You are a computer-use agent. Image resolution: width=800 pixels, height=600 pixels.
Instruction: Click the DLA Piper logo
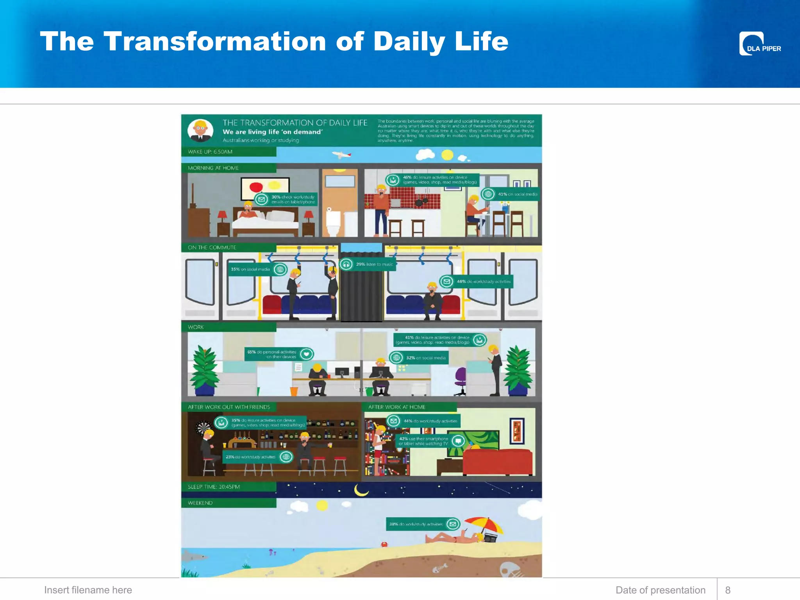pos(759,44)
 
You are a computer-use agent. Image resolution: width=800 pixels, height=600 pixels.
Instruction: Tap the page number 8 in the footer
pos(728,590)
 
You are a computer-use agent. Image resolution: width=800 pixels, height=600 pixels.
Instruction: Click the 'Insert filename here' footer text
pos(88,590)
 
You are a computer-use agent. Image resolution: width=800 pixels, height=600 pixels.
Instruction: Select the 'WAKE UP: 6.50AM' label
pos(210,152)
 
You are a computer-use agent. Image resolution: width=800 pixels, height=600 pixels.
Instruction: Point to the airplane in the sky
pos(341,155)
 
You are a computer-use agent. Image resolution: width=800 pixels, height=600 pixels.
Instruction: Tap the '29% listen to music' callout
pos(367,264)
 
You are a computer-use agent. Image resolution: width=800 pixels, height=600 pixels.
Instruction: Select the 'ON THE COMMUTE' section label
pos(212,248)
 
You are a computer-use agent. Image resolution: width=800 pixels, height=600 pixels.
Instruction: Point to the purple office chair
pos(461,378)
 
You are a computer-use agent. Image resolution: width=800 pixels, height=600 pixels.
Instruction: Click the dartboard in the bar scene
pos(203,428)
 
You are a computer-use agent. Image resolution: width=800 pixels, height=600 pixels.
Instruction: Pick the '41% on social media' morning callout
pos(510,194)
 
